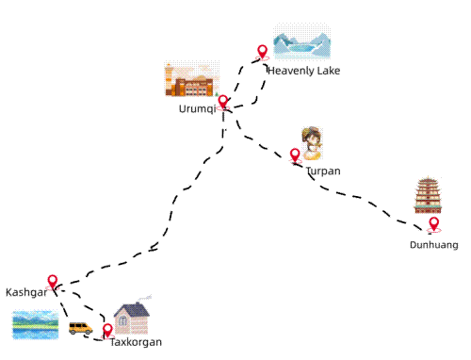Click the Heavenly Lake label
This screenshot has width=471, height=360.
coord(303,71)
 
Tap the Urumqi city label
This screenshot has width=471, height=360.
coord(197,108)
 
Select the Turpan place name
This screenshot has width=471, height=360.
coord(323,171)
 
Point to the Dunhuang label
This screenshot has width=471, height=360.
coord(434,245)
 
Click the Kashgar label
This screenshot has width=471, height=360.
coord(26,292)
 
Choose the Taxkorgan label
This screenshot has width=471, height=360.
coord(136,342)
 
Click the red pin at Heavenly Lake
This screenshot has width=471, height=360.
coord(262,52)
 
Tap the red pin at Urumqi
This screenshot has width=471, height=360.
coord(222,102)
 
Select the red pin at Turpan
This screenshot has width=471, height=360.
coord(295,155)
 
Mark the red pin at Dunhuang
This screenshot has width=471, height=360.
coord(433,223)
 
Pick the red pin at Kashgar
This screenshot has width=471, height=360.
coord(53,282)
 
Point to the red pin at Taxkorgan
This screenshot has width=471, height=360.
coord(107,330)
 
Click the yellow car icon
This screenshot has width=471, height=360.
coord(80,328)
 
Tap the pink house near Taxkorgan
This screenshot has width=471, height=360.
coord(131,319)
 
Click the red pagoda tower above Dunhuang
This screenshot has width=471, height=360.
coord(429,195)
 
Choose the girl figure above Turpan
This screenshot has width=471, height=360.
coord(313,142)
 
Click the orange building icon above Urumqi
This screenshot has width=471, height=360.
coord(191,81)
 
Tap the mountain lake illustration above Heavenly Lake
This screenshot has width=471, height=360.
coord(301,45)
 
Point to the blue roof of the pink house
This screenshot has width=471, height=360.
coord(131,309)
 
